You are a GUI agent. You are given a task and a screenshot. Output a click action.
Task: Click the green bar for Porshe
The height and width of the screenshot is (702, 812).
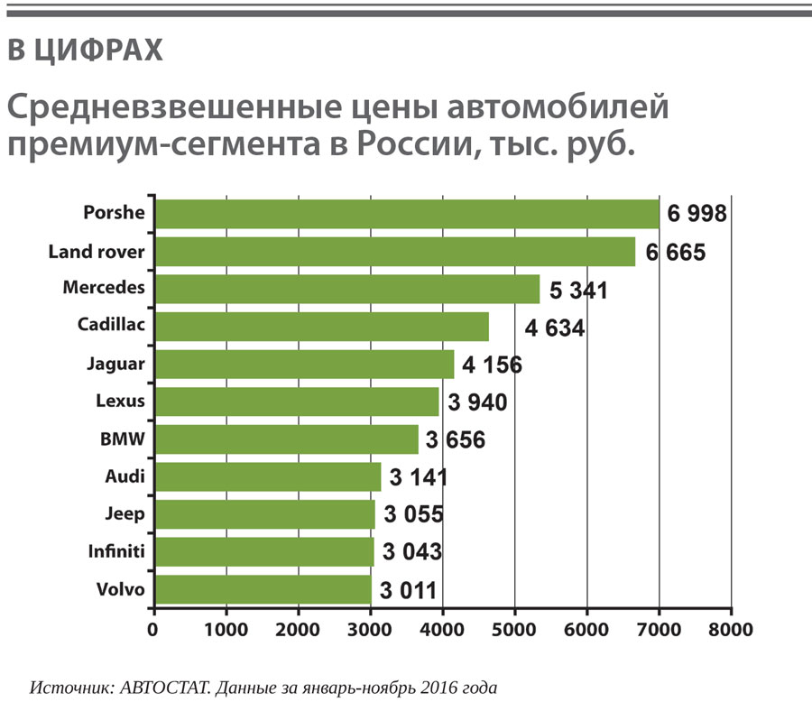(406, 214)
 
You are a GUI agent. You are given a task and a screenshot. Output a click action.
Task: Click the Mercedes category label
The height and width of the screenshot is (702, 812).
(104, 288)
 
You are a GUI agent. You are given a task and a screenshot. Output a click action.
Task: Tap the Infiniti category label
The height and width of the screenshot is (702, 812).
(115, 550)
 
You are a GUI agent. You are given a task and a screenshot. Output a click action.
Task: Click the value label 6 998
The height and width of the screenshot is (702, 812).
(697, 215)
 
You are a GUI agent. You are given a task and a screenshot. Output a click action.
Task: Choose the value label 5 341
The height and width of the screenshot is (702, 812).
(578, 291)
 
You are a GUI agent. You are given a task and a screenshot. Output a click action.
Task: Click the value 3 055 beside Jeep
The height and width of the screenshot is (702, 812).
(413, 515)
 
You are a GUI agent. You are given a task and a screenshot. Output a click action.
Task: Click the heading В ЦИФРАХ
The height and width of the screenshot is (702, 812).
(85, 51)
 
